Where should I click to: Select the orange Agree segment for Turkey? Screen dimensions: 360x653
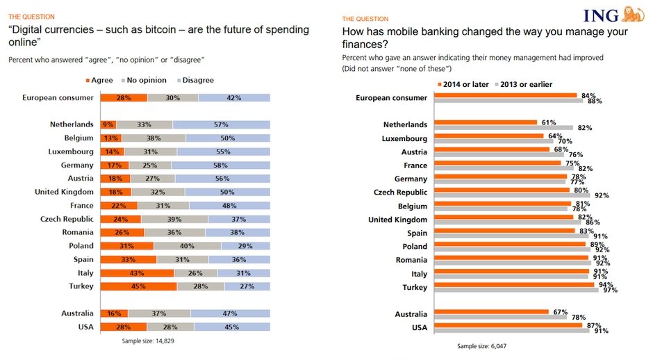(138, 286)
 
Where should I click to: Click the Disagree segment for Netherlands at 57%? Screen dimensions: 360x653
(221, 124)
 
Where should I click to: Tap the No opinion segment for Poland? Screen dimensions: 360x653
(187, 245)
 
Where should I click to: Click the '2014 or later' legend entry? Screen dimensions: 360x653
(461, 85)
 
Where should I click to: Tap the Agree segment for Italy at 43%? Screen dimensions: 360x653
(136, 272)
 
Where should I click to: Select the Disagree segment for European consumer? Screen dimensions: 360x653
(233, 98)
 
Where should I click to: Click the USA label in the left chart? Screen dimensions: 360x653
(85, 326)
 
